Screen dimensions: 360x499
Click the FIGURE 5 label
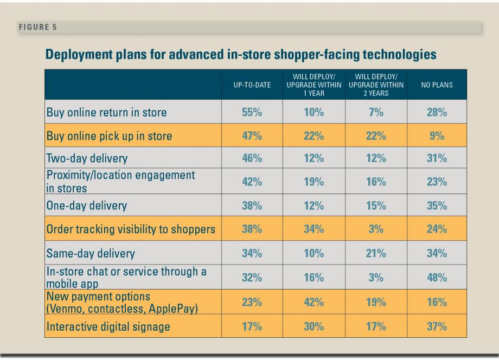coord(37,27)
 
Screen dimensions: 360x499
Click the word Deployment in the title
coord(76,55)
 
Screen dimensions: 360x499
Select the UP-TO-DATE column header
coord(252,85)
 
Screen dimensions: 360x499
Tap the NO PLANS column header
coord(437,85)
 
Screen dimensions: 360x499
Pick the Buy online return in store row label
coord(107,113)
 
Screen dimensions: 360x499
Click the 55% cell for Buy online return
coord(252,113)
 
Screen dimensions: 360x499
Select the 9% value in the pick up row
coord(437,136)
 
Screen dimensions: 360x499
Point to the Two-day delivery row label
coord(87,159)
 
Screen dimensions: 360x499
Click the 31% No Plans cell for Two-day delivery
coord(437,159)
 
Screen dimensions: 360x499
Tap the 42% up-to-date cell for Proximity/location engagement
coord(252,182)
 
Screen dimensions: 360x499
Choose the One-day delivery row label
coord(87,205)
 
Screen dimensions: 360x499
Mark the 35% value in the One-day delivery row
coord(437,205)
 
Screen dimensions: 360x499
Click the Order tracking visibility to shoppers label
coord(131,229)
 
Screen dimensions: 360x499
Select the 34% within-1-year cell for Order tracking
coord(314,229)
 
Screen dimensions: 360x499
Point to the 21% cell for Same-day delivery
coord(375,253)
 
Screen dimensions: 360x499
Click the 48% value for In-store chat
coord(437,277)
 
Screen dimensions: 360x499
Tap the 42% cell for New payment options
coord(314,302)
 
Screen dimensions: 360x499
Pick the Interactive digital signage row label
coord(108,326)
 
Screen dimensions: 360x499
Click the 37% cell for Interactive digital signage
coord(437,326)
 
